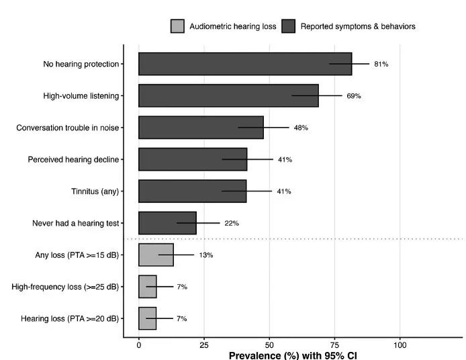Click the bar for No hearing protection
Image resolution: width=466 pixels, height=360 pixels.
[x=245, y=64]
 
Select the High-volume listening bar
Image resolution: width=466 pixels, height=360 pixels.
[x=228, y=96]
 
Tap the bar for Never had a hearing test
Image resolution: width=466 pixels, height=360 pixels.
[x=167, y=223]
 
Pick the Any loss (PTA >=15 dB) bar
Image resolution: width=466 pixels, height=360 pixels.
[x=156, y=255]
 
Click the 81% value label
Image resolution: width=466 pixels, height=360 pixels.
[x=381, y=64]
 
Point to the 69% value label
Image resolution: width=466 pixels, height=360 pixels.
[x=354, y=96]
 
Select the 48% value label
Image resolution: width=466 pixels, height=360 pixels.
[x=301, y=128]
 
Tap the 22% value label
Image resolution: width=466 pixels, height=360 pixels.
[x=232, y=223]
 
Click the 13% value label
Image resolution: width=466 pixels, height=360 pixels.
[x=206, y=255]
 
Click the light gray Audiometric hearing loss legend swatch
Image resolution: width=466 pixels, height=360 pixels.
[x=177, y=26]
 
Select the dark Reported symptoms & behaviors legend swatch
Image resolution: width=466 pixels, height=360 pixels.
[x=288, y=26]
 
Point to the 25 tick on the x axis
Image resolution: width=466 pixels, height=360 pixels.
[x=204, y=345]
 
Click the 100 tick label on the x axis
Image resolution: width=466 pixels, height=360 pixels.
[x=400, y=345]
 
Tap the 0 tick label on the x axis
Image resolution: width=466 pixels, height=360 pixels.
[x=139, y=345]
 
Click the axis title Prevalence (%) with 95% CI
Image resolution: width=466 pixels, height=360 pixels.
[x=293, y=355]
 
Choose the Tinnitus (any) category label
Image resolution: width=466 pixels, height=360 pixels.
[x=95, y=191]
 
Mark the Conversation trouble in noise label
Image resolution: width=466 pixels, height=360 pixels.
[x=67, y=128]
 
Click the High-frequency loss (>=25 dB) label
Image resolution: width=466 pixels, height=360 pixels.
[x=65, y=287]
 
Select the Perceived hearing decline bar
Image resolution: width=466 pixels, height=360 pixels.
[x=193, y=159]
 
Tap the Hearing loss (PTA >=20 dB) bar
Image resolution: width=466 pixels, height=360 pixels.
[x=148, y=318]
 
